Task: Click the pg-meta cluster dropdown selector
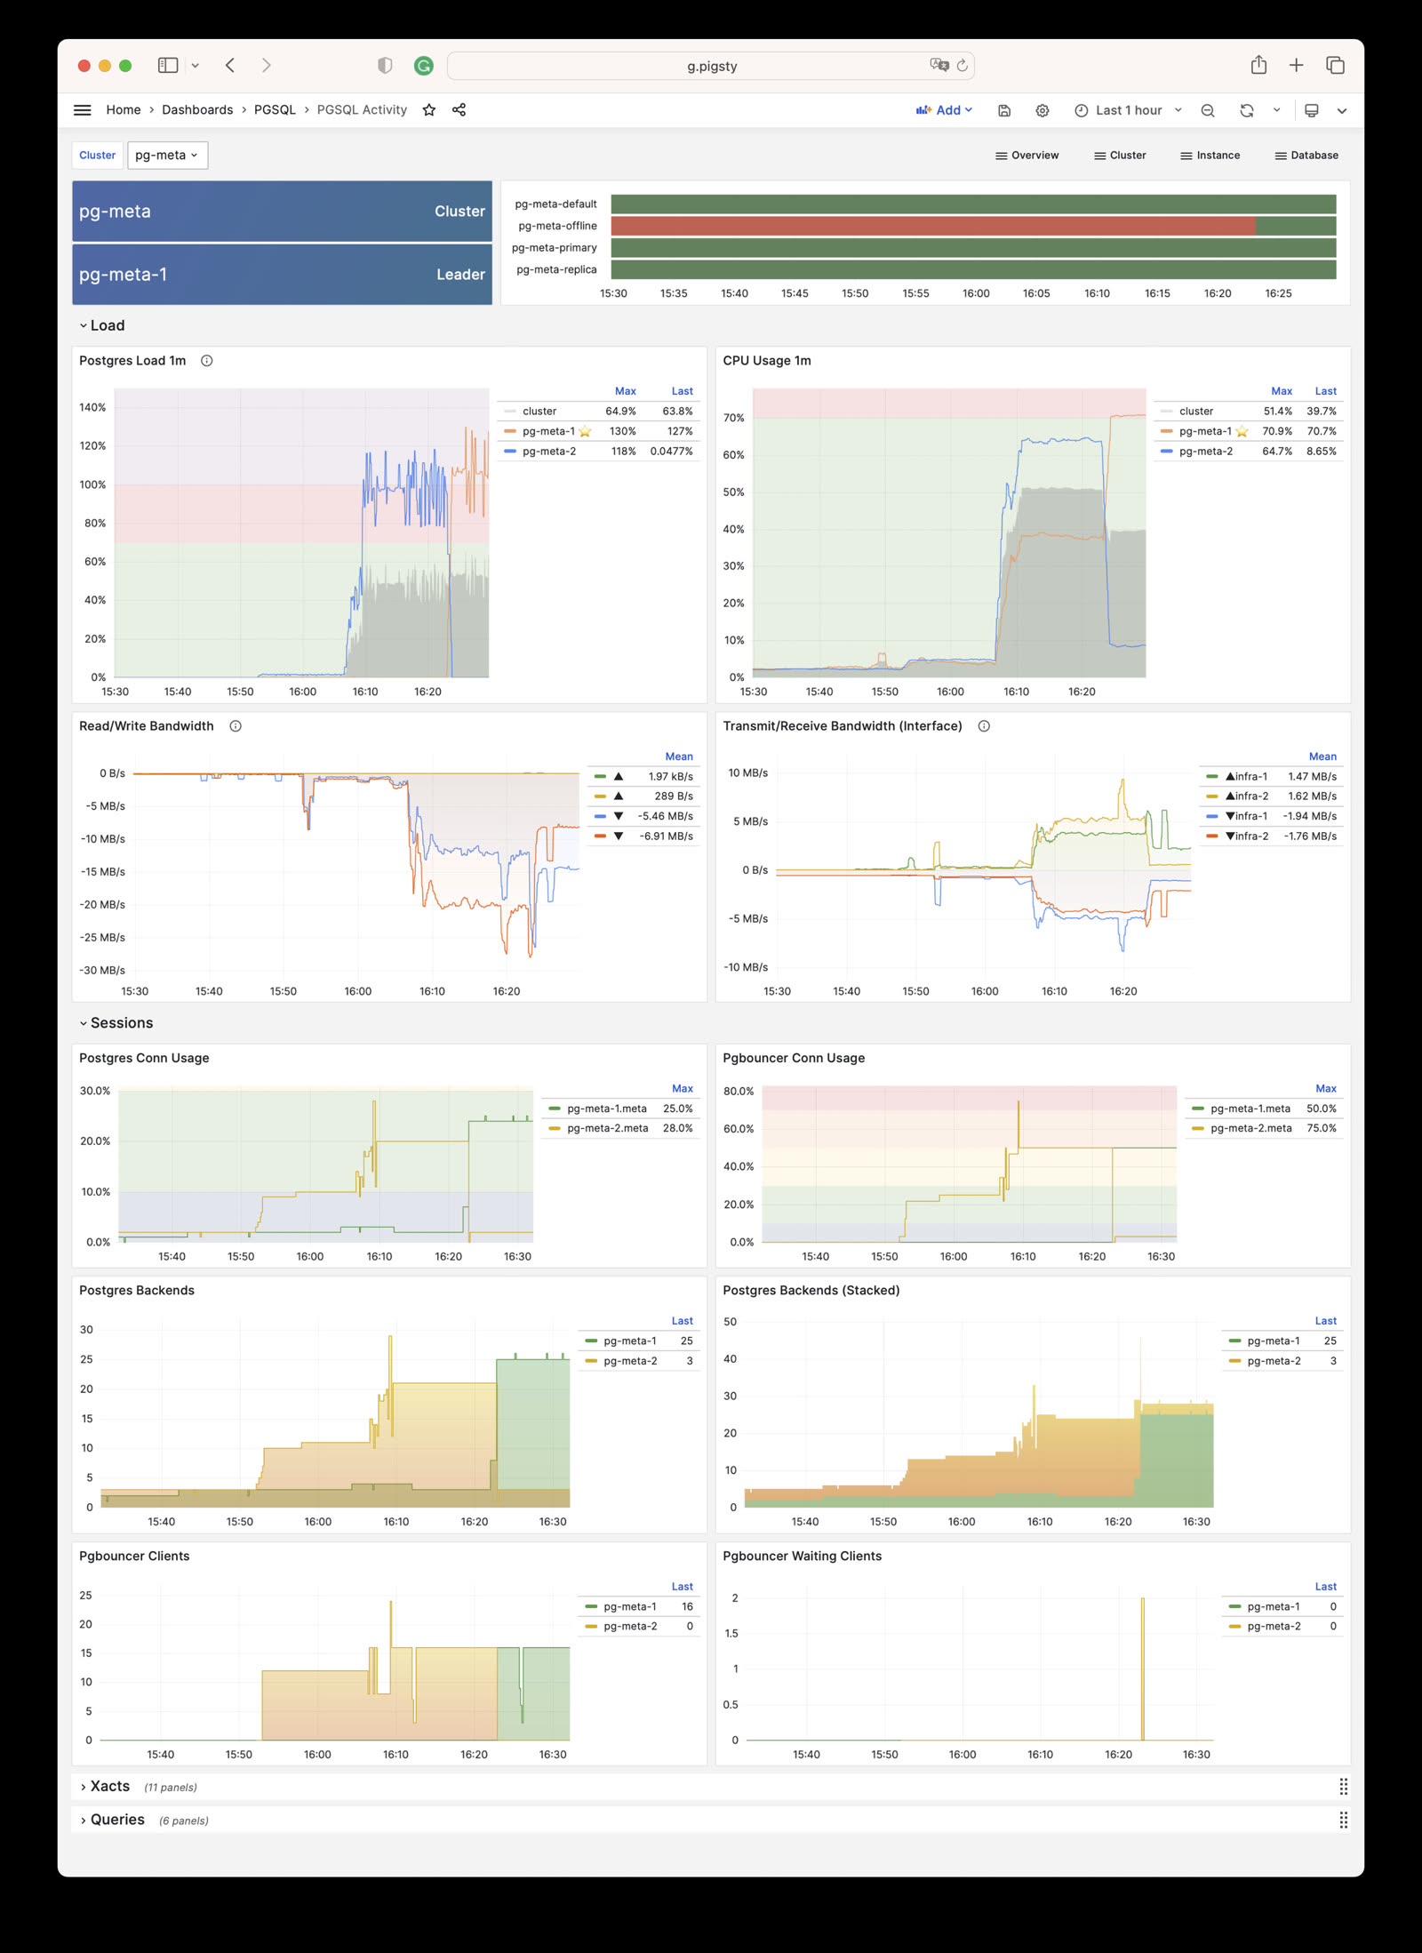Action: pyautogui.click(x=167, y=156)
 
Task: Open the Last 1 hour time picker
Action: pyautogui.click(x=1128, y=110)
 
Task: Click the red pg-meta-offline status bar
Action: pyautogui.click(x=932, y=226)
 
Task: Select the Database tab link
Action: pyautogui.click(x=1306, y=156)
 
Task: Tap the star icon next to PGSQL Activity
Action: pyautogui.click(x=429, y=110)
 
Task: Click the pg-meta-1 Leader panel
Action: pyautogui.click(x=282, y=275)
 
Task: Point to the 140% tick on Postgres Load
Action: pyautogui.click(x=92, y=408)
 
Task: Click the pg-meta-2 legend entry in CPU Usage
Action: pyautogui.click(x=1205, y=452)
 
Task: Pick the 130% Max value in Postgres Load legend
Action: pyautogui.click(x=622, y=432)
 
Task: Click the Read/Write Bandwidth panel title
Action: pyautogui.click(x=147, y=726)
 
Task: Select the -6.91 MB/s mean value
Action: pyautogui.click(x=666, y=836)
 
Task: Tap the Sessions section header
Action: pyautogui.click(x=122, y=1023)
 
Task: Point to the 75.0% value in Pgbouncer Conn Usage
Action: pyautogui.click(x=1321, y=1129)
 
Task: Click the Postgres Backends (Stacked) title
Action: pyautogui.click(x=811, y=1291)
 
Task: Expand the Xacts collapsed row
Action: pyautogui.click(x=109, y=1787)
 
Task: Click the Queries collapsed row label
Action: pyautogui.click(x=117, y=1820)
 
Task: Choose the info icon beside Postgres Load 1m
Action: pyautogui.click(x=207, y=361)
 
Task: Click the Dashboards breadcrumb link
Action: pyautogui.click(x=197, y=110)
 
